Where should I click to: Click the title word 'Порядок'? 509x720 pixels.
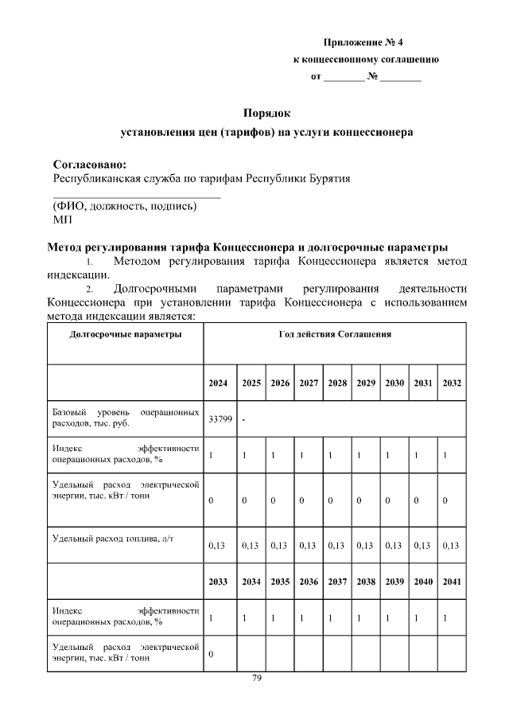[266, 113]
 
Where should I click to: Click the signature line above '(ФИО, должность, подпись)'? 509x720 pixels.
[136, 196]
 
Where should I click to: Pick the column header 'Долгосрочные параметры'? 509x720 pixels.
[126, 334]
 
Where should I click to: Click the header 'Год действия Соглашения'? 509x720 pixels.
[335, 334]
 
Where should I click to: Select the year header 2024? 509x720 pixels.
[218, 383]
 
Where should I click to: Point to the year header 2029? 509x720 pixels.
[366, 383]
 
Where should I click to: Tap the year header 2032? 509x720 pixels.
[452, 383]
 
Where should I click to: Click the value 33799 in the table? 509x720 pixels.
[220, 419]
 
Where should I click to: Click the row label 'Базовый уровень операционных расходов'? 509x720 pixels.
[126, 418]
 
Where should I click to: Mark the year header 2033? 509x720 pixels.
[218, 582]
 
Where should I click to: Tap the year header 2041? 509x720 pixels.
[452, 582]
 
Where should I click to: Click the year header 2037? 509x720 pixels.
[336, 582]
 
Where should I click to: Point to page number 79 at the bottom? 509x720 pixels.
[257, 678]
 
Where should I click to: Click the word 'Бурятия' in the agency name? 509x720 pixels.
[328, 178]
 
